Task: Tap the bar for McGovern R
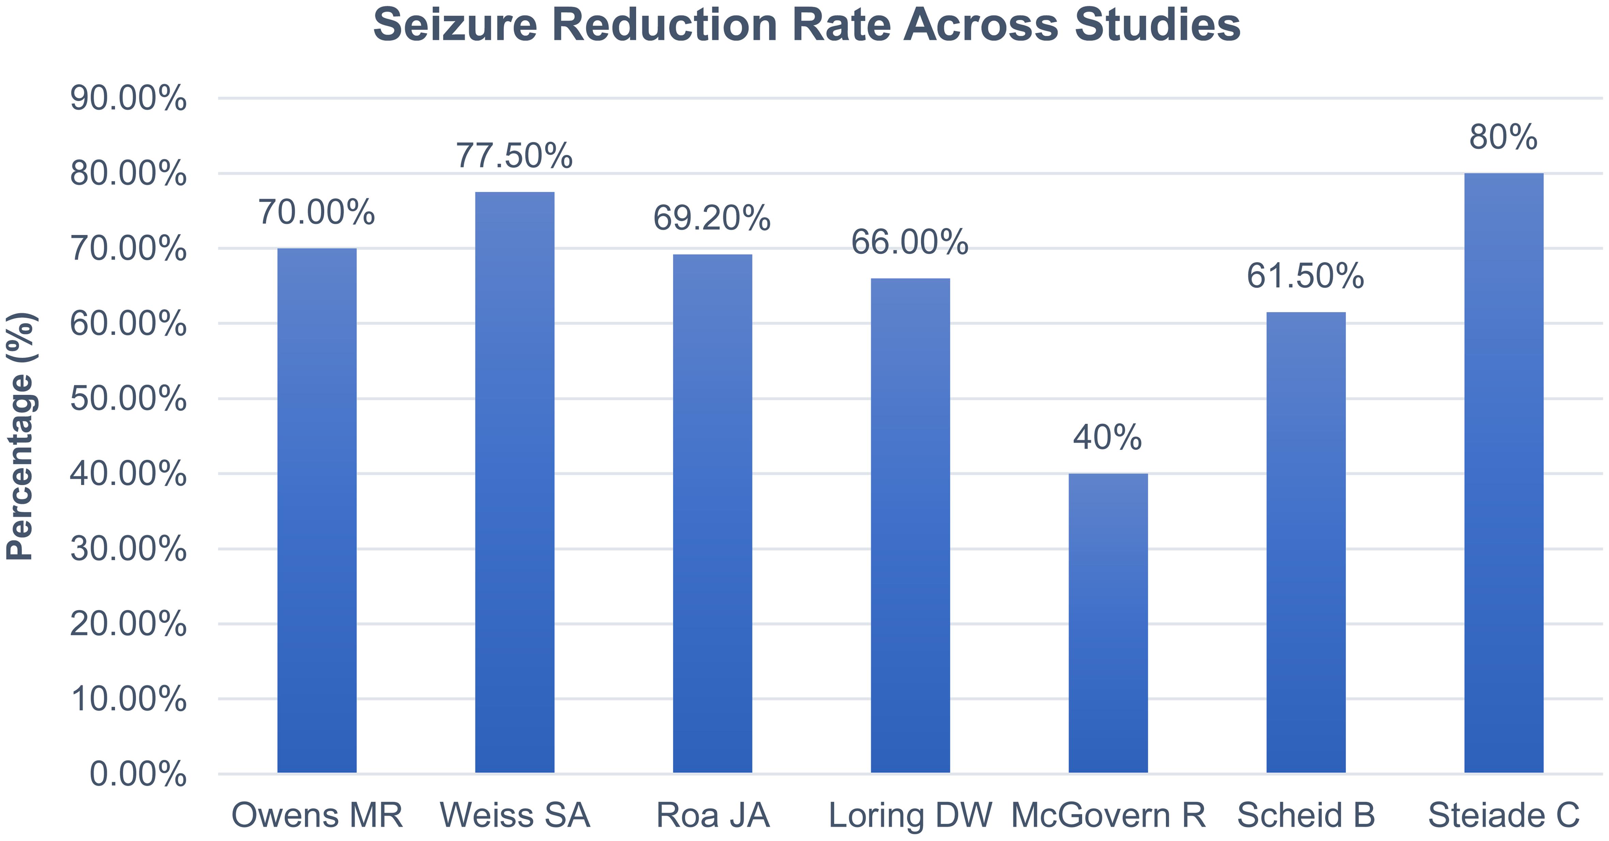click(1108, 623)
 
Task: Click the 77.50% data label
click(515, 156)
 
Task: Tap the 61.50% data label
click(1306, 276)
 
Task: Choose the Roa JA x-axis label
click(713, 815)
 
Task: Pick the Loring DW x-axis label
click(910, 815)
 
